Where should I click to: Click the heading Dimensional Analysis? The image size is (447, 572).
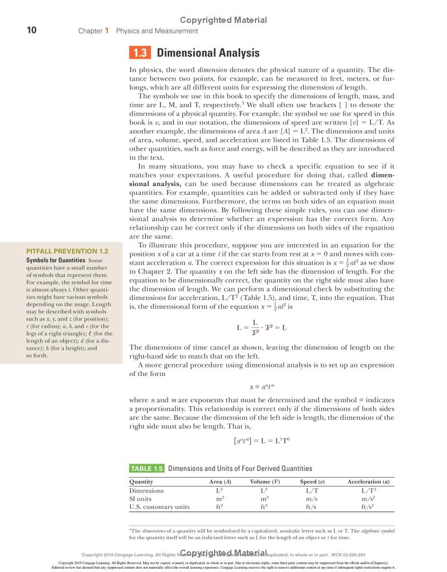(208, 54)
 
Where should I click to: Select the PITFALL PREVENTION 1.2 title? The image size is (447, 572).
(68, 252)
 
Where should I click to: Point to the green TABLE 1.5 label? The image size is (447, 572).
(146, 469)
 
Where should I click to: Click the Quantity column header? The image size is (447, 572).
(141, 482)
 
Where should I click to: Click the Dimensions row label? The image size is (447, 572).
(146, 490)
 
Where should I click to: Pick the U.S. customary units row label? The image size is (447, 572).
(159, 507)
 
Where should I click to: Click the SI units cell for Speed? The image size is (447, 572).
(312, 499)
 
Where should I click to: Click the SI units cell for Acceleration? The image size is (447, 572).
(368, 499)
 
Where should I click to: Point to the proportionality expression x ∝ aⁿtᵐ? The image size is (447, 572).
(261, 386)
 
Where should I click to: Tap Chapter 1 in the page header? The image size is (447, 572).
(93, 31)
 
